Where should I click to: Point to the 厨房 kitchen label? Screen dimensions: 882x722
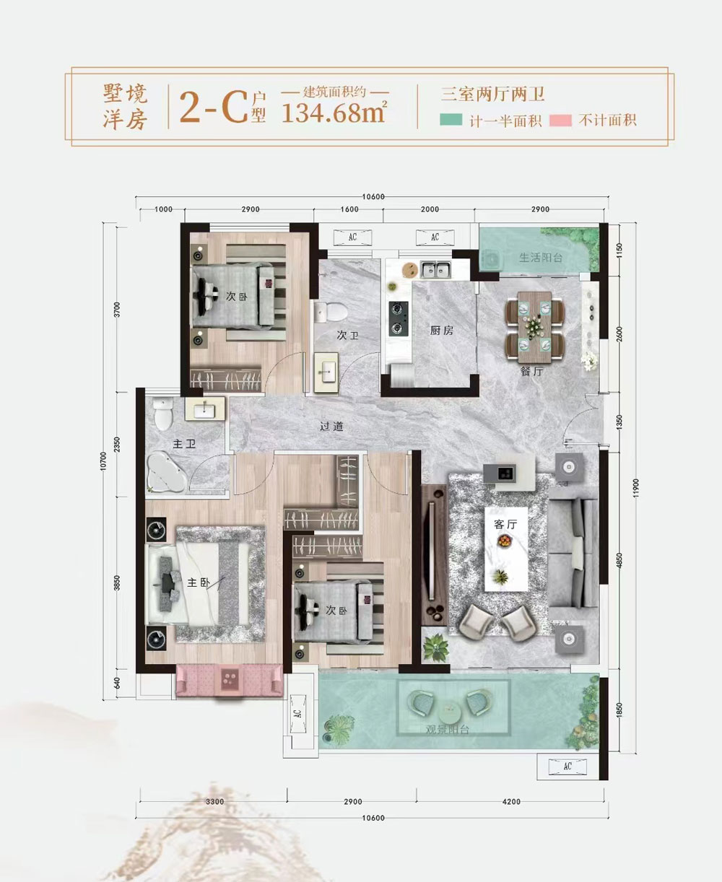(x=441, y=331)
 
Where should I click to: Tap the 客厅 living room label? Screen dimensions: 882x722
(x=505, y=525)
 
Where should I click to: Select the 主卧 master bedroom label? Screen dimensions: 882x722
(x=198, y=582)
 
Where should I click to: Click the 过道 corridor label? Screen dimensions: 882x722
(x=331, y=427)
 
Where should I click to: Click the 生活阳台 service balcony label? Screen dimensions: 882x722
(x=541, y=258)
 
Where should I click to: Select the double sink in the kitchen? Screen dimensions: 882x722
(x=436, y=270)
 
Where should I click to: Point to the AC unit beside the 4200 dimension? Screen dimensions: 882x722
(x=567, y=766)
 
